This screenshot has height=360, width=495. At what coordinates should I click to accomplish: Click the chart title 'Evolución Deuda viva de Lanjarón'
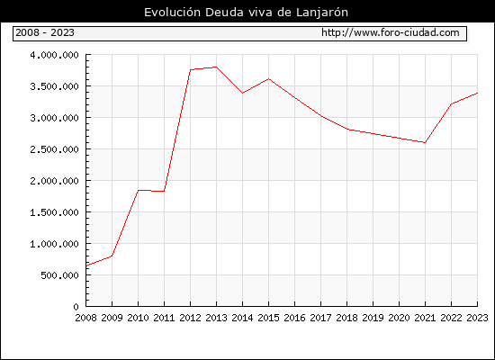(246, 13)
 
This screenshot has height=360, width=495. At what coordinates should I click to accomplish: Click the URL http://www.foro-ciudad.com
(391, 32)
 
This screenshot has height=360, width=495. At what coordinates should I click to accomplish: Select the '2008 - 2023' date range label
(45, 32)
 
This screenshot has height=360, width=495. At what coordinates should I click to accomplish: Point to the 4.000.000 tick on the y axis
(54, 55)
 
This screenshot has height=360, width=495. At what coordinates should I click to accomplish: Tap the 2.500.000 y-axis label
(54, 149)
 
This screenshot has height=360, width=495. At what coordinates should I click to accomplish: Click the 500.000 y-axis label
(59, 275)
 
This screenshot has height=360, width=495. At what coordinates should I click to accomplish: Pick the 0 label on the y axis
(76, 307)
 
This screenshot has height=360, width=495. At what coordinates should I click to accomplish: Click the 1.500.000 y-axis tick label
(54, 212)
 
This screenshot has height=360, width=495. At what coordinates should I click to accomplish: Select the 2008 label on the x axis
(85, 318)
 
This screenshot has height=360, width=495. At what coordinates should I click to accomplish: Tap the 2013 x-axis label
(216, 318)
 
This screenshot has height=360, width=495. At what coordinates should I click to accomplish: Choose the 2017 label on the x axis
(320, 318)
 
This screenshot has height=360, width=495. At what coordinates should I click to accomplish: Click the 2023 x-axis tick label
(477, 318)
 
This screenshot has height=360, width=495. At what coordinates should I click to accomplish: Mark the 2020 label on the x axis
(399, 318)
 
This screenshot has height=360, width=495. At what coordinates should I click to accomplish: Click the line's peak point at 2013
(216, 67)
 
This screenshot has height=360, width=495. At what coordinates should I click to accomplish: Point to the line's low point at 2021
(425, 143)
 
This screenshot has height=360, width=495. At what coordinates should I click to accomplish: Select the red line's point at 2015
(269, 78)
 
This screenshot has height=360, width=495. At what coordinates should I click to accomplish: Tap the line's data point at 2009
(112, 256)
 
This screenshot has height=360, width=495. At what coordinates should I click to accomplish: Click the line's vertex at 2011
(164, 192)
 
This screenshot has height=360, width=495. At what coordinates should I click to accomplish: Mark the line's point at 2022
(452, 103)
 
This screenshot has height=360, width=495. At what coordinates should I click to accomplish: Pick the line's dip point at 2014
(242, 94)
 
